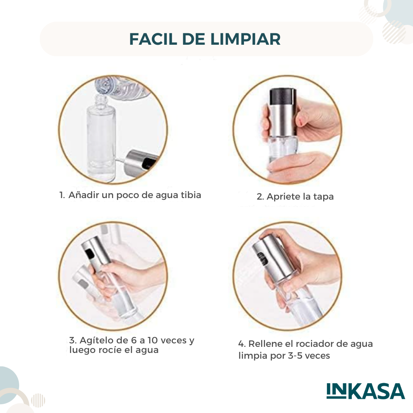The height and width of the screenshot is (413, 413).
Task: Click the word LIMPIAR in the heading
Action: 246,39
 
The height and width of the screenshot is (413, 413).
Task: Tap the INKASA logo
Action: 366,392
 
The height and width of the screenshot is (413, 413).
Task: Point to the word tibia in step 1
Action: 191,195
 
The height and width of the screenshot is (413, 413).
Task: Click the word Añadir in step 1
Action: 84,195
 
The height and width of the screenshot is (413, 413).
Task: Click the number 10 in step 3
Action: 152,340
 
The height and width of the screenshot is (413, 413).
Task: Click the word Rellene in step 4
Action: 265,344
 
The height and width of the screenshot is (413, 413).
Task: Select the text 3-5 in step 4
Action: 295,356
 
